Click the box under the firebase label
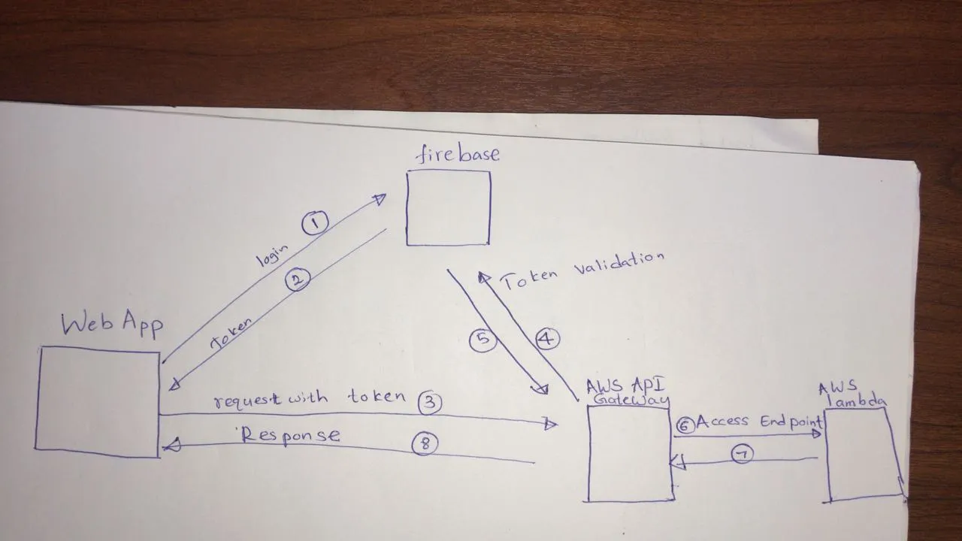(x=449, y=208)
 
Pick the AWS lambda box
(x=864, y=454)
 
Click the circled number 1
(x=316, y=222)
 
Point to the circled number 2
(x=298, y=280)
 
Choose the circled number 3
(x=429, y=403)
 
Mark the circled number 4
(x=547, y=339)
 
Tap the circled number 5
(x=483, y=340)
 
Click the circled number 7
(x=742, y=455)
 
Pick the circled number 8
(x=425, y=445)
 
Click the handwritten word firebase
(x=458, y=154)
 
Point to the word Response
(x=291, y=436)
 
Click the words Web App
(x=112, y=324)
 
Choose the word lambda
(x=857, y=401)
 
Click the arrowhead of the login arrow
(x=380, y=198)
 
